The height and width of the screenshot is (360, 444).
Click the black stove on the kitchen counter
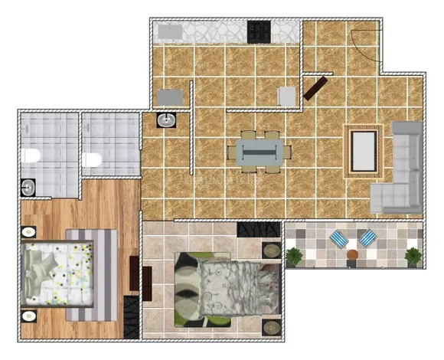point(258,31)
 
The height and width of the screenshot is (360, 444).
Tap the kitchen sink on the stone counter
point(169,33)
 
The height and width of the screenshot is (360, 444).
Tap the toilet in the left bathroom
point(31,157)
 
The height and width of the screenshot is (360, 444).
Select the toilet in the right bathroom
point(93,160)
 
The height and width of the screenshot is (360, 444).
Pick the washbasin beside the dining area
point(166,119)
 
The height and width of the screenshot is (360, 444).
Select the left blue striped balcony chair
point(338,241)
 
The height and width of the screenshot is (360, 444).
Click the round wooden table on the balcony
point(352,256)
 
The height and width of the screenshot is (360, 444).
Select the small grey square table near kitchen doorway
point(286,96)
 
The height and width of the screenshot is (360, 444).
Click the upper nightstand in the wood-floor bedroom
point(28,232)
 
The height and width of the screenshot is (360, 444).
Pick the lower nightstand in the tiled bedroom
point(271,328)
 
